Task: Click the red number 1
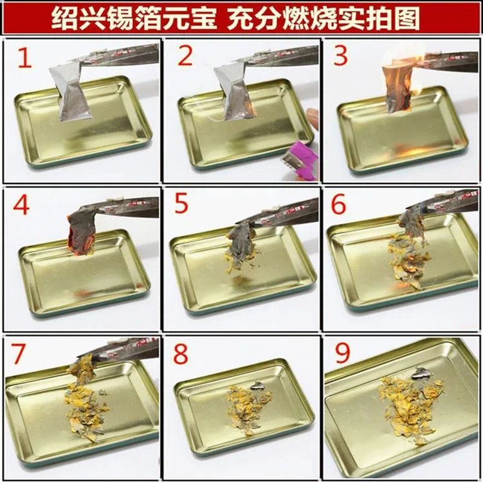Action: pyautogui.click(x=25, y=57)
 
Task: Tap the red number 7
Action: pyautogui.click(x=18, y=354)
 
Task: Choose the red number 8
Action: pyautogui.click(x=180, y=353)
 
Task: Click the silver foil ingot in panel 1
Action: pyautogui.click(x=71, y=92)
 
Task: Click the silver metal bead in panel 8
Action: pyautogui.click(x=257, y=386)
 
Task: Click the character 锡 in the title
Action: pyautogui.click(x=121, y=19)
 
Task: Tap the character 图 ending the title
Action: pyautogui.click(x=405, y=19)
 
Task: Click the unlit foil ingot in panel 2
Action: pyautogui.click(x=235, y=92)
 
